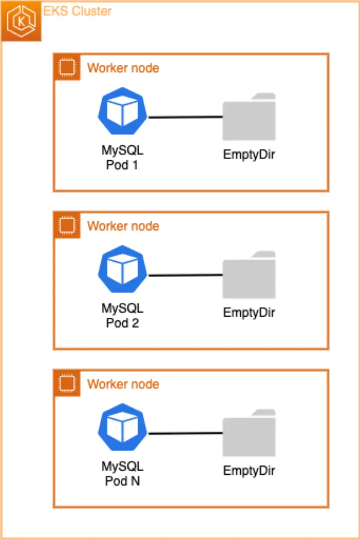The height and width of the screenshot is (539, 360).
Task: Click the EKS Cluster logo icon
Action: coord(21,21)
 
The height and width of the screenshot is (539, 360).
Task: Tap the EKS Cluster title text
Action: coord(77,11)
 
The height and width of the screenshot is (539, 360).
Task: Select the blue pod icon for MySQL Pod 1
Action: coord(123,111)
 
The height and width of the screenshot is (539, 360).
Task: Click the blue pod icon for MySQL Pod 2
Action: coord(123,269)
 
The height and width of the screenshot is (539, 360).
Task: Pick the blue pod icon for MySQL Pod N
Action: coord(123,427)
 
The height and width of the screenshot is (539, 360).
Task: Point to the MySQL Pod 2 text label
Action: coord(122,315)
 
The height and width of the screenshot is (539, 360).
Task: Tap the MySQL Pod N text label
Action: coord(122,473)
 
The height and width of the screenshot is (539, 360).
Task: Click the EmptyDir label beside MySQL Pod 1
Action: coord(249,154)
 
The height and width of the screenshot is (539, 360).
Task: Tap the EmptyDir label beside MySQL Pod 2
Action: coord(249,312)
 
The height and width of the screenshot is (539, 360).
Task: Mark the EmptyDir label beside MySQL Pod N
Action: coord(249,471)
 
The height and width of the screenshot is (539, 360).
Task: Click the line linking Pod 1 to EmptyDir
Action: coord(185,117)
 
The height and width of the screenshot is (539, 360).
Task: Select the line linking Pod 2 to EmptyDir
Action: coord(185,275)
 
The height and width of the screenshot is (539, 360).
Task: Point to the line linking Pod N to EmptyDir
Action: coord(185,433)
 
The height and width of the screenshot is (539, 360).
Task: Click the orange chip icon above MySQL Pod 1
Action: coord(67,67)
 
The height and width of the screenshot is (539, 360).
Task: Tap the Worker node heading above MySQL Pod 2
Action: coord(123,225)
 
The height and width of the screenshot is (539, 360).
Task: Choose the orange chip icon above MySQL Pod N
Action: coord(67,383)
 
